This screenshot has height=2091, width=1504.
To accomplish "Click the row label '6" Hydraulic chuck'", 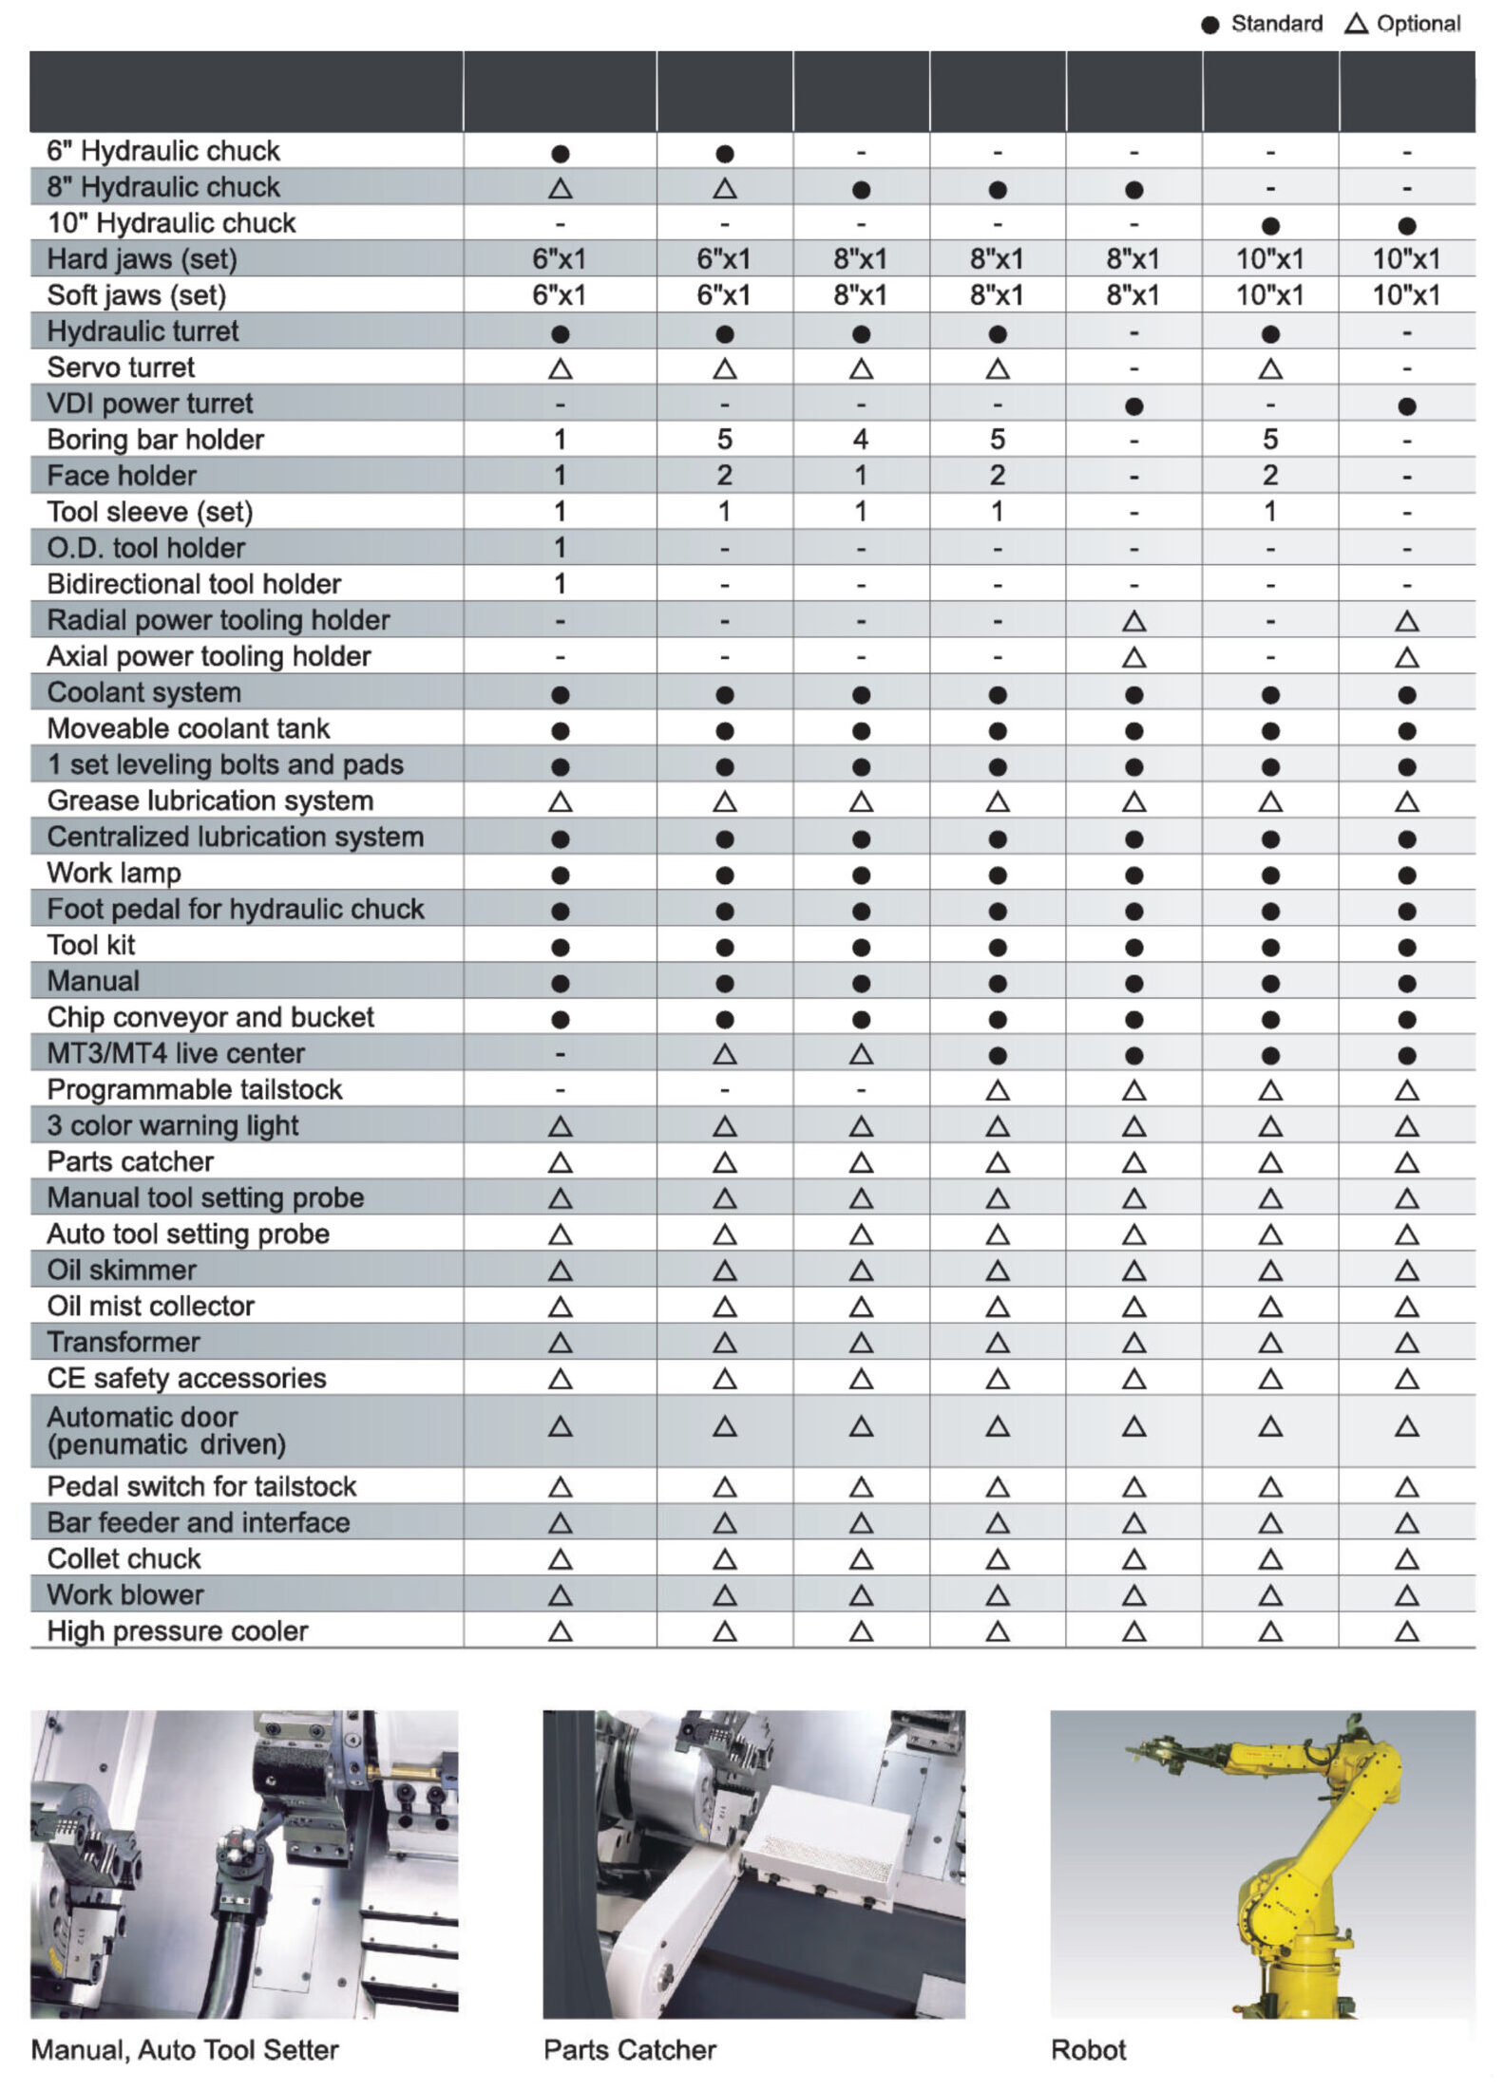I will (x=163, y=151).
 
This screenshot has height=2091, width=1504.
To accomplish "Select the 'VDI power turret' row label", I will (x=150, y=404).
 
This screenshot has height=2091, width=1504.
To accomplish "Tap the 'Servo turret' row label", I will (x=121, y=367).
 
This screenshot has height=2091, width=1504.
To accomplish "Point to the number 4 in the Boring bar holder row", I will (x=861, y=440).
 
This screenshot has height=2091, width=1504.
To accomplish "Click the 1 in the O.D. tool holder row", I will (x=561, y=548).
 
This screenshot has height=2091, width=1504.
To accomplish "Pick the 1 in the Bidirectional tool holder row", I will (x=561, y=584).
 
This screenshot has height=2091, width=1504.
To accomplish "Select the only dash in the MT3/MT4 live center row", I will (x=561, y=1053).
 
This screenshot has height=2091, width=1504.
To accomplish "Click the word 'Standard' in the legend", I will (x=1276, y=24).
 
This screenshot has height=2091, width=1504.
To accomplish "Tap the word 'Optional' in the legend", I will (x=1418, y=24).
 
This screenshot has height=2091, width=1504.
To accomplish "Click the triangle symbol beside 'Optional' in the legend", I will (x=1356, y=24).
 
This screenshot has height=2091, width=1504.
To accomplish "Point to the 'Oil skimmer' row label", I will (x=122, y=1270).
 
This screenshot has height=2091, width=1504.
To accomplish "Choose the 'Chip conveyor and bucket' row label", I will (x=210, y=1017).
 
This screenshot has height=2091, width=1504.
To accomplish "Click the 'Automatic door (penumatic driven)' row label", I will (x=166, y=1430).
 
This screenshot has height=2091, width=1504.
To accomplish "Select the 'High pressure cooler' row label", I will (x=178, y=1630).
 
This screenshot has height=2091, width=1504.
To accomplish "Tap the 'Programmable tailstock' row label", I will (x=195, y=1089).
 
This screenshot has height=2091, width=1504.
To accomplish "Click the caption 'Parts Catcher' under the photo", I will (x=629, y=2049).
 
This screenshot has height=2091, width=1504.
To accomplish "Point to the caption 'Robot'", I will (x=1088, y=2049).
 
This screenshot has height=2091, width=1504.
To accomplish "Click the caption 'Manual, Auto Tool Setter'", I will (x=184, y=2049).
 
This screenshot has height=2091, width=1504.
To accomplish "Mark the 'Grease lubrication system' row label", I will (x=210, y=801).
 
